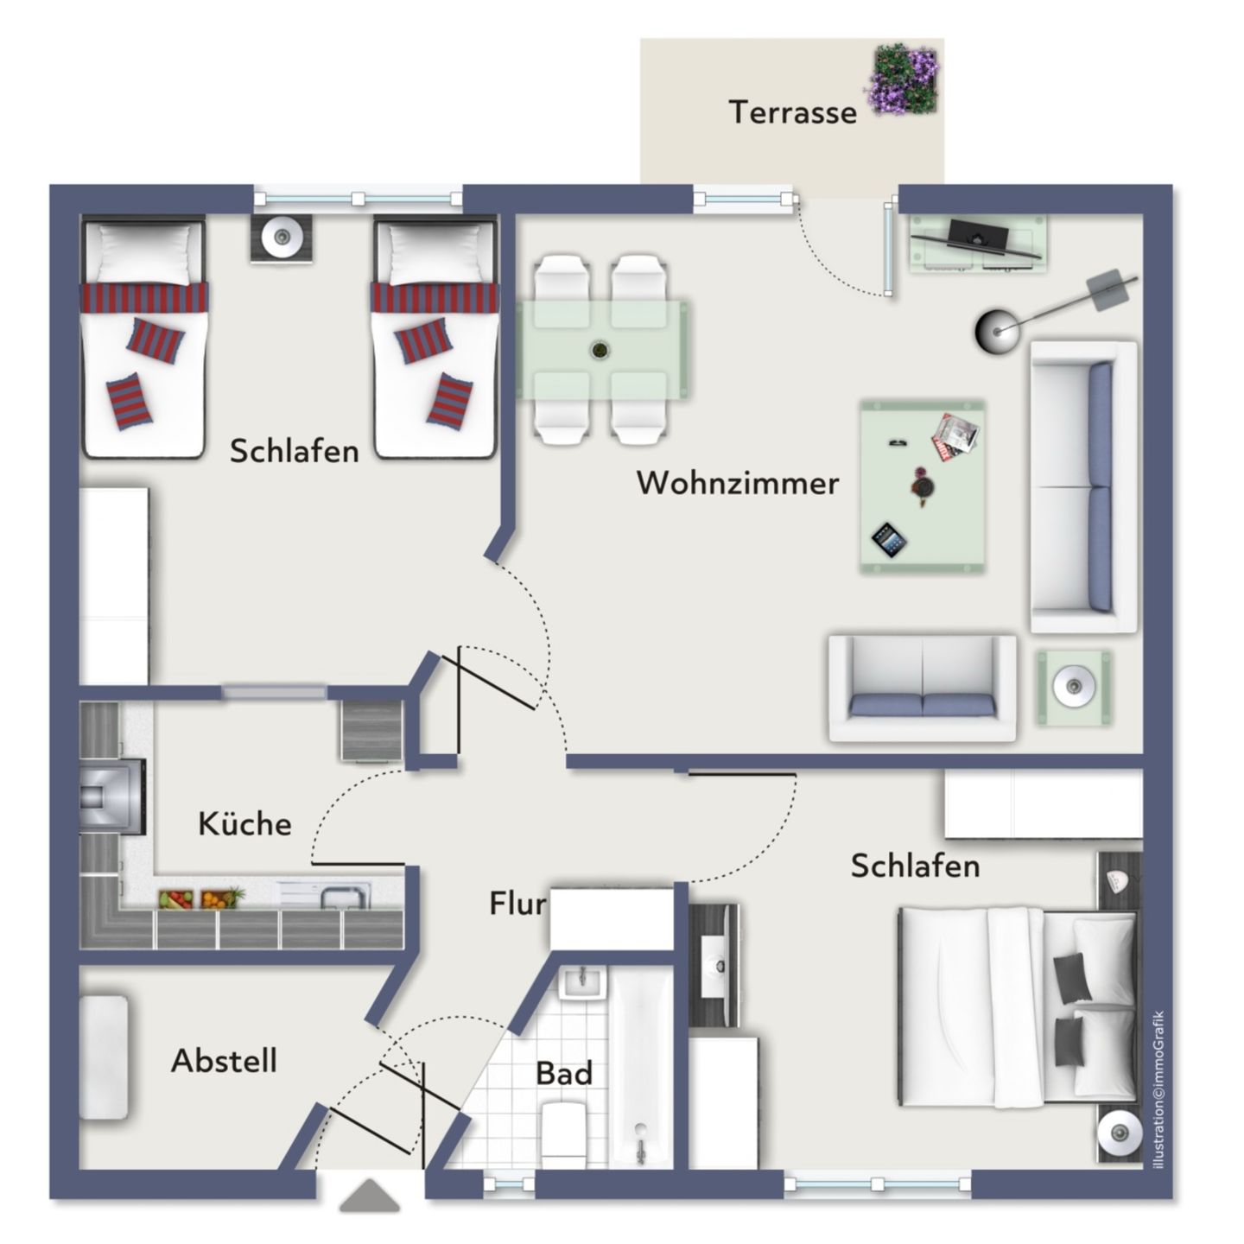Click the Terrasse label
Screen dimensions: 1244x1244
(792, 112)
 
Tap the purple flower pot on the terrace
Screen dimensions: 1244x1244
(904, 80)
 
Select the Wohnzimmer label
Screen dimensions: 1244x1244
(738, 483)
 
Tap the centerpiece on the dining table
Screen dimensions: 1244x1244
(599, 351)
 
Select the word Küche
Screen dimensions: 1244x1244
(244, 823)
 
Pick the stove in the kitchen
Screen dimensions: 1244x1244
(110, 797)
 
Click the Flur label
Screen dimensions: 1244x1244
(517, 904)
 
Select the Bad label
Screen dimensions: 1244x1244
(564, 1074)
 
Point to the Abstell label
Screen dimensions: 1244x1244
(224, 1060)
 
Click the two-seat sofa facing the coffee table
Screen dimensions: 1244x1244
(923, 689)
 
